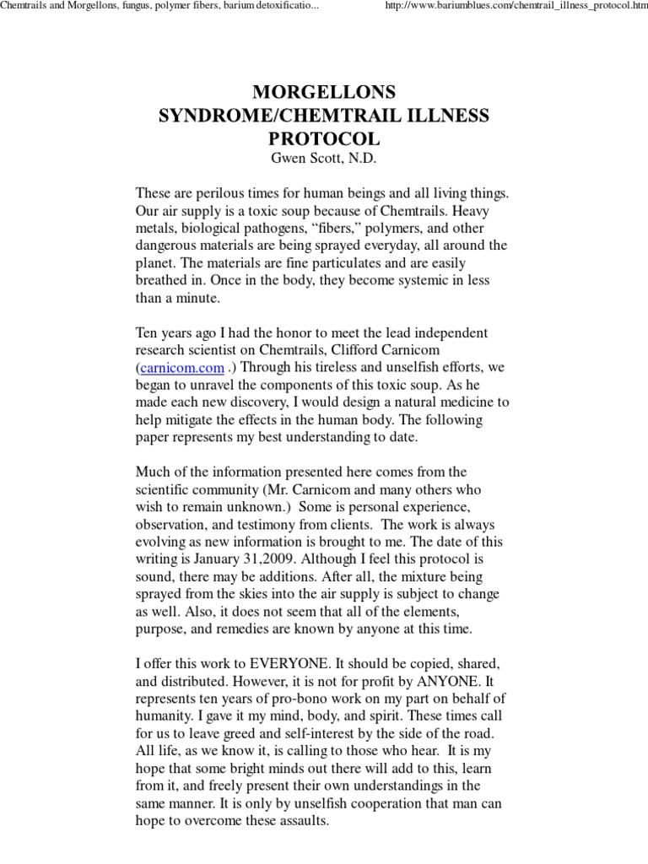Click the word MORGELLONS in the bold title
(x=323, y=92)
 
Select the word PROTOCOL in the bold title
(x=323, y=138)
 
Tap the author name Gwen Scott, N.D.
(x=323, y=158)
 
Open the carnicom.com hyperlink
(x=182, y=368)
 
